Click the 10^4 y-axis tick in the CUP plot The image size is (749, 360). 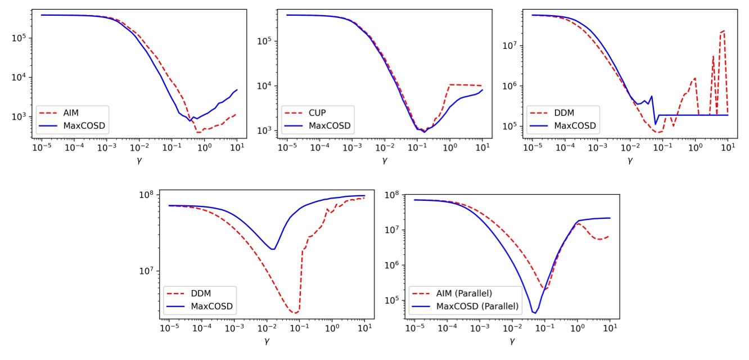click(265, 85)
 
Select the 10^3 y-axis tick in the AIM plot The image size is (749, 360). click(19, 117)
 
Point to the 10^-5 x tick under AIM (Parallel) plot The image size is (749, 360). click(414, 327)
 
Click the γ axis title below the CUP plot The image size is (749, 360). click(385, 160)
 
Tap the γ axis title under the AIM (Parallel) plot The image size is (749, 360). click(512, 341)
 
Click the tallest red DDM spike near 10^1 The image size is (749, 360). click(724, 30)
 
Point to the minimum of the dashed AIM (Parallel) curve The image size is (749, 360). click(545, 289)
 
